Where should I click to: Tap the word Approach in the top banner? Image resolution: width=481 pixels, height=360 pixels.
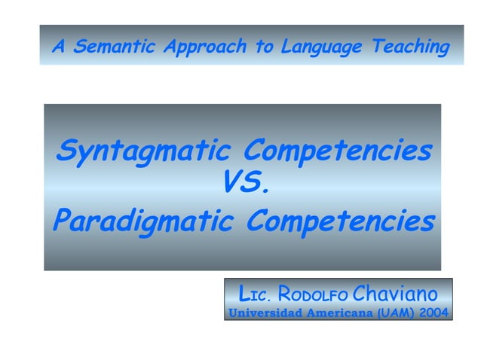[x=204, y=47]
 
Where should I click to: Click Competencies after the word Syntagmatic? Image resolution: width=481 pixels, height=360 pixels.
[x=339, y=151]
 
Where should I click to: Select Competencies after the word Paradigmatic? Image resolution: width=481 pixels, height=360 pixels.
[x=341, y=221]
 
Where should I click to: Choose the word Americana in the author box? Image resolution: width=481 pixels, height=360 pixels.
[x=336, y=311]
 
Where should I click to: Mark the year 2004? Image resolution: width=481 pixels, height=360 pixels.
[x=434, y=311]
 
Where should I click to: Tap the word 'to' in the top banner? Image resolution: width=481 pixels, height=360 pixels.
[x=265, y=47]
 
